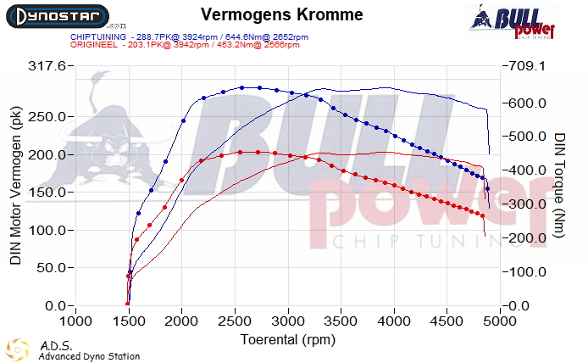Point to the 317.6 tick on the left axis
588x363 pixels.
47,66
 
